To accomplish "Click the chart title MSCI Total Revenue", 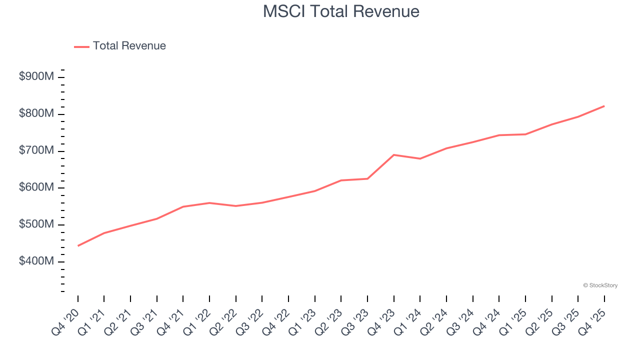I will (x=341, y=11).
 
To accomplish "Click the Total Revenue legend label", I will (x=129, y=46).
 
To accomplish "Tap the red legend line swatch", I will (x=81, y=46).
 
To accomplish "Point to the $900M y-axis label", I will (x=36, y=77).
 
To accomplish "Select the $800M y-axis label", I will (x=36, y=114).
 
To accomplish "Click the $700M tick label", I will (x=36, y=150).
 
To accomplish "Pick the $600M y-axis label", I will (x=36, y=187).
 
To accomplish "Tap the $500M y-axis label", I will (x=36, y=224).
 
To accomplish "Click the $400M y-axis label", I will (x=36, y=261).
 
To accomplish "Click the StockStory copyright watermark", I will (x=600, y=285).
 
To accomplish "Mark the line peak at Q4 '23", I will (x=394, y=155).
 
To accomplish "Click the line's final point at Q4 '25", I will (x=604, y=106).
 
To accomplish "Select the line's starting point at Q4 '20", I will (x=78, y=246).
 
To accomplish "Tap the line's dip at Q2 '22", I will (x=236, y=206).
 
